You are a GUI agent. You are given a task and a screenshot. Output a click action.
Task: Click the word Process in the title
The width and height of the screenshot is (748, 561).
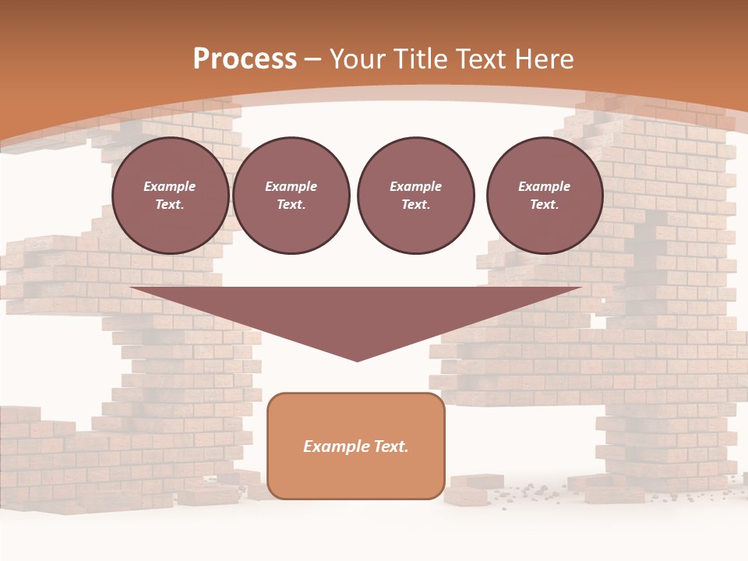[245, 59]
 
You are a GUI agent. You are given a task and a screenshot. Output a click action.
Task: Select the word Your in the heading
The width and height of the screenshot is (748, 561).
[356, 59]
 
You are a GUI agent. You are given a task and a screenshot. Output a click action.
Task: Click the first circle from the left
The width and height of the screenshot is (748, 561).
[171, 196]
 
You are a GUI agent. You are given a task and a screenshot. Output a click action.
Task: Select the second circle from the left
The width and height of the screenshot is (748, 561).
[291, 196]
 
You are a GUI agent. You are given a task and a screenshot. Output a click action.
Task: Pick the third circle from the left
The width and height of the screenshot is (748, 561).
[415, 196]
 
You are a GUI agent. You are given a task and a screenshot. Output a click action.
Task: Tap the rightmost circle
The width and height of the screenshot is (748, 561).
[545, 196]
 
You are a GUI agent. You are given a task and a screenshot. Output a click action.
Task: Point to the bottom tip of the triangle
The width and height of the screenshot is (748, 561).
[357, 360]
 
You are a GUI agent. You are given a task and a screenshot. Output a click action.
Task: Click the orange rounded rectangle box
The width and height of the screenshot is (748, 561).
[356, 446]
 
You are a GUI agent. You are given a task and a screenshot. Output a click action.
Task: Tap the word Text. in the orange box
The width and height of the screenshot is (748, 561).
[390, 446]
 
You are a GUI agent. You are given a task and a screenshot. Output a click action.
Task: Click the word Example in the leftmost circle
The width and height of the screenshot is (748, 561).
[170, 187]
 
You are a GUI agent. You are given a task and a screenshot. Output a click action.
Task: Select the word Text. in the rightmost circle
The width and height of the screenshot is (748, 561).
[545, 205]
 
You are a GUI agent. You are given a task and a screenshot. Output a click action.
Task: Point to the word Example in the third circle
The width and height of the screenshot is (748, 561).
[415, 187]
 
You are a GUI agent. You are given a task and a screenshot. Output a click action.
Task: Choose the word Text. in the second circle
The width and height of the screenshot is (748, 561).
[291, 205]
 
